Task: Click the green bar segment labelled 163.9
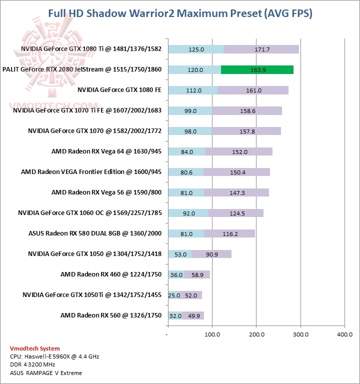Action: (256, 70)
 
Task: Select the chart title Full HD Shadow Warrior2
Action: (180, 13)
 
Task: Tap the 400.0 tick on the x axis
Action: (344, 334)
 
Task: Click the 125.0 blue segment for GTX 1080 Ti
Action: (196, 49)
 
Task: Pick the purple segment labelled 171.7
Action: (261, 49)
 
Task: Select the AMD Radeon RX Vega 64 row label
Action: (106, 151)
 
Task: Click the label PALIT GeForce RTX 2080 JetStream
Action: (82, 69)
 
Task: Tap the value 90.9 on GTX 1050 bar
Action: (210, 254)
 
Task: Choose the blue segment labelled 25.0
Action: (174, 295)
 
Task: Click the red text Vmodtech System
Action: (34, 348)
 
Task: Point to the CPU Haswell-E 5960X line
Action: (54, 356)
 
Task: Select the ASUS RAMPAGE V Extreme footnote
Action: (45, 373)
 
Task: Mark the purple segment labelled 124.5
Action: (235, 213)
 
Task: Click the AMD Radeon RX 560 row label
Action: (110, 315)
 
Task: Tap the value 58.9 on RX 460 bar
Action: (196, 274)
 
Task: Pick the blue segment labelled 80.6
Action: (186, 172)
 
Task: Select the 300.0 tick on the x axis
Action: (300, 334)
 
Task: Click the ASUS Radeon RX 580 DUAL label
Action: (95, 233)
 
